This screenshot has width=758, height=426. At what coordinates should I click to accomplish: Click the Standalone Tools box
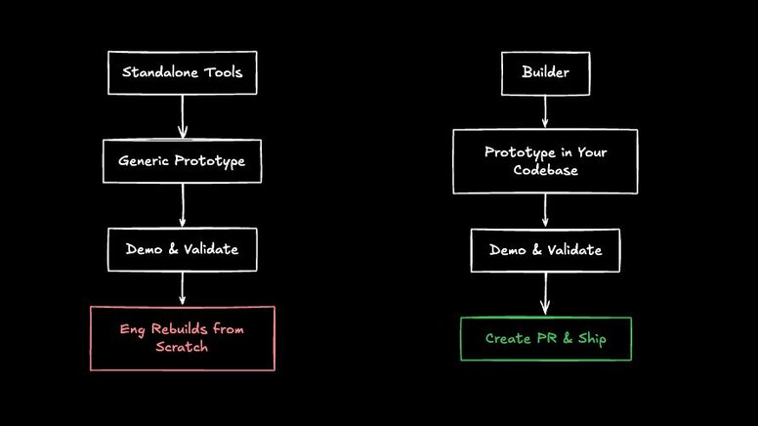pyautogui.click(x=182, y=72)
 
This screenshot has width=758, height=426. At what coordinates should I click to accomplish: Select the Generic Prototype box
pyautogui.click(x=183, y=160)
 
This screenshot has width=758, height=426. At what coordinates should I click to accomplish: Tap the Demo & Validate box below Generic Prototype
pyautogui.click(x=183, y=249)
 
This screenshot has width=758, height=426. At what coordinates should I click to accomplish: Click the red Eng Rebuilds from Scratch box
pyautogui.click(x=183, y=338)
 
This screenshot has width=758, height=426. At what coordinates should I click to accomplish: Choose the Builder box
pyautogui.click(x=545, y=72)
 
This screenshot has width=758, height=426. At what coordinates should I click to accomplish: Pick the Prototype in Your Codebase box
pyautogui.click(x=545, y=161)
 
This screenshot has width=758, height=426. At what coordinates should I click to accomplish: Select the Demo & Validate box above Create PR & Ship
pyautogui.click(x=545, y=250)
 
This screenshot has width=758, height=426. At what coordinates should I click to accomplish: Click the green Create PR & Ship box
pyautogui.click(x=545, y=339)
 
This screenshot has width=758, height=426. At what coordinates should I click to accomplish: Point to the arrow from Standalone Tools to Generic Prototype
pyautogui.click(x=183, y=116)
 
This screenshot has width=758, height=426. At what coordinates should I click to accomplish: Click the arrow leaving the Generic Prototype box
pyautogui.click(x=183, y=205)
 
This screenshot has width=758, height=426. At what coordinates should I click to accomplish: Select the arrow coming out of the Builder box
pyautogui.click(x=545, y=111)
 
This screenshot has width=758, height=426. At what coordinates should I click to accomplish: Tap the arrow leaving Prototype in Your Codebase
pyautogui.click(x=545, y=210)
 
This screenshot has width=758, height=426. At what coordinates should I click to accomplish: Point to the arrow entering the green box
pyautogui.click(x=545, y=293)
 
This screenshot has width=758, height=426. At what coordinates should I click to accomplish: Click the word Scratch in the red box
pyautogui.click(x=182, y=348)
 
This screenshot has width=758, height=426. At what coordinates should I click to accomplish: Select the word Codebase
pyautogui.click(x=545, y=171)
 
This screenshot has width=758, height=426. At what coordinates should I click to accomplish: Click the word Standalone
pyautogui.click(x=159, y=72)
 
